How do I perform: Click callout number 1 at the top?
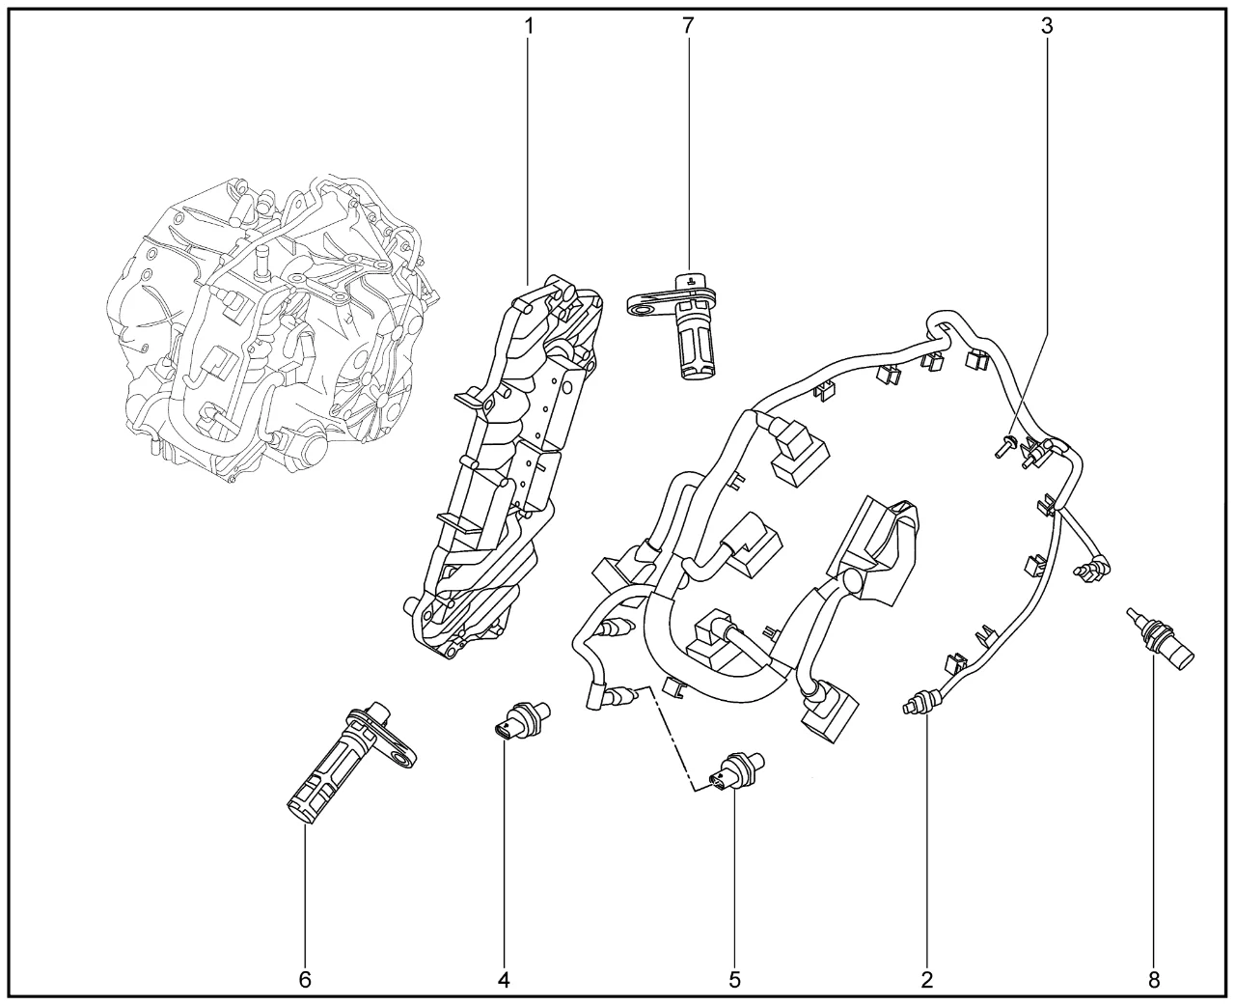528,26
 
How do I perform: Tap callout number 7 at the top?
687,26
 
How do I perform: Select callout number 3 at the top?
1047,26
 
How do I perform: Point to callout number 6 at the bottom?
305,980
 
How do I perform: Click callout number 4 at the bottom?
504,980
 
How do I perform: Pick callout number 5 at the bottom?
734,980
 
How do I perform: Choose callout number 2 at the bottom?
927,980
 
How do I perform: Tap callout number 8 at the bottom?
1154,980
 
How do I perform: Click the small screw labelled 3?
1003,445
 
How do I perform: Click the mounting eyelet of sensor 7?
638,304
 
